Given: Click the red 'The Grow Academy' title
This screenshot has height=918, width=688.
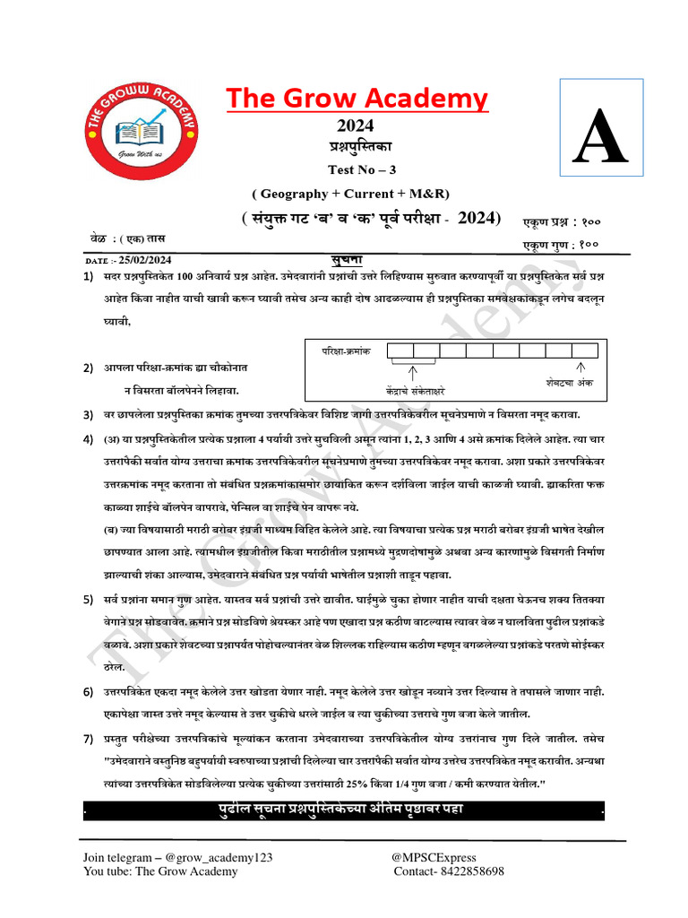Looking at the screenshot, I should click(x=357, y=98).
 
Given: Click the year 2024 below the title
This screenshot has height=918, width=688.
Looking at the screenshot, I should click(x=355, y=126).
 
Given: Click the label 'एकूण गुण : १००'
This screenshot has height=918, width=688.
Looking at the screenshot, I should click(x=561, y=244).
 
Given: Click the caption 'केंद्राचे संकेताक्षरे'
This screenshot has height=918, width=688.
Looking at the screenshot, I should click(x=412, y=391).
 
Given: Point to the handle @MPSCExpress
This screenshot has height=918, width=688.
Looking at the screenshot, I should click(x=434, y=857).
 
